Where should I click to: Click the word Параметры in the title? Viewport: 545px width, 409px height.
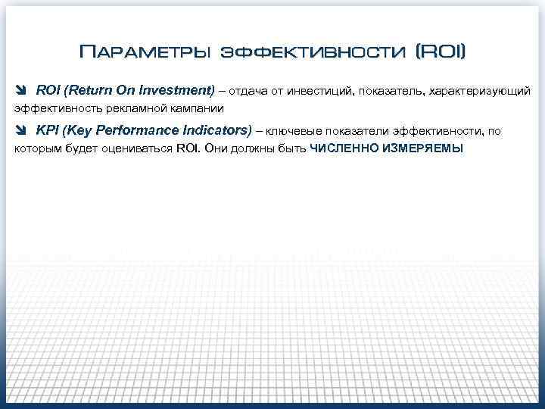(x=144, y=52)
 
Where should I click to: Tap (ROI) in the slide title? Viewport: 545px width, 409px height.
(x=441, y=52)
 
